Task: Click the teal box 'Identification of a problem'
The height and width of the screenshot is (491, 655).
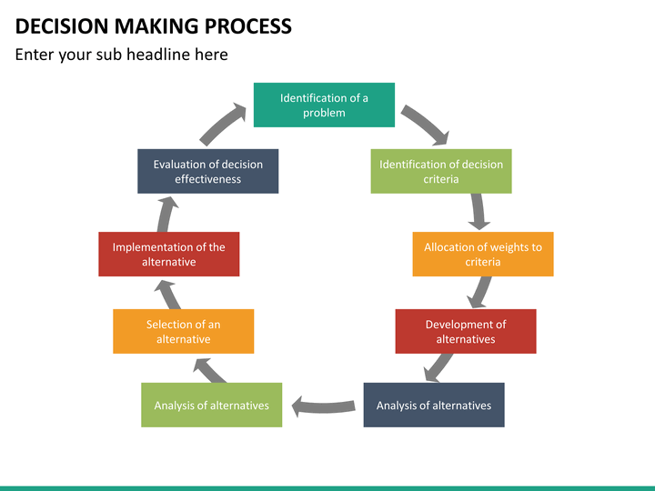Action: click(x=324, y=105)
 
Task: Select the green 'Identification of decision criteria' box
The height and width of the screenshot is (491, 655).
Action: click(x=441, y=171)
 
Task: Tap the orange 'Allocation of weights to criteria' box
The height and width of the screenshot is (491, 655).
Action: click(x=483, y=254)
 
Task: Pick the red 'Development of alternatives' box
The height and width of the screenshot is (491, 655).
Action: click(x=466, y=331)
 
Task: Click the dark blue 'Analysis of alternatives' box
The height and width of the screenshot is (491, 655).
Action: click(x=434, y=405)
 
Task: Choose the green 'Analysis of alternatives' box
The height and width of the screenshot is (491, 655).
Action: click(x=211, y=405)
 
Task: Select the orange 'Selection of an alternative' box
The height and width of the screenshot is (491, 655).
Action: click(x=184, y=331)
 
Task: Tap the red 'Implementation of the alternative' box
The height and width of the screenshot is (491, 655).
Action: click(x=169, y=254)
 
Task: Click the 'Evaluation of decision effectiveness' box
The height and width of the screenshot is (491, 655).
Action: click(x=208, y=171)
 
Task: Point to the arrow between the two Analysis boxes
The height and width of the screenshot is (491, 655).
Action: click(x=323, y=406)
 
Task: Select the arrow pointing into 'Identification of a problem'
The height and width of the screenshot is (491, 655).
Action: click(x=222, y=123)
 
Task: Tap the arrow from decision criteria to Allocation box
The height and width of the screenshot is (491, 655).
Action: click(x=478, y=211)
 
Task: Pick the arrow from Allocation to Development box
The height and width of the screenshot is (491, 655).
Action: click(x=479, y=292)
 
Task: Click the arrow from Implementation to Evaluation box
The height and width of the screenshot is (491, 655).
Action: click(x=167, y=214)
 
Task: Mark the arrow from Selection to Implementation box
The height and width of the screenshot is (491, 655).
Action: click(x=168, y=295)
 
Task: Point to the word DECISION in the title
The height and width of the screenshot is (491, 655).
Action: click(x=62, y=26)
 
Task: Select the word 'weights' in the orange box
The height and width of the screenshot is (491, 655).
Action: click(x=507, y=247)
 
